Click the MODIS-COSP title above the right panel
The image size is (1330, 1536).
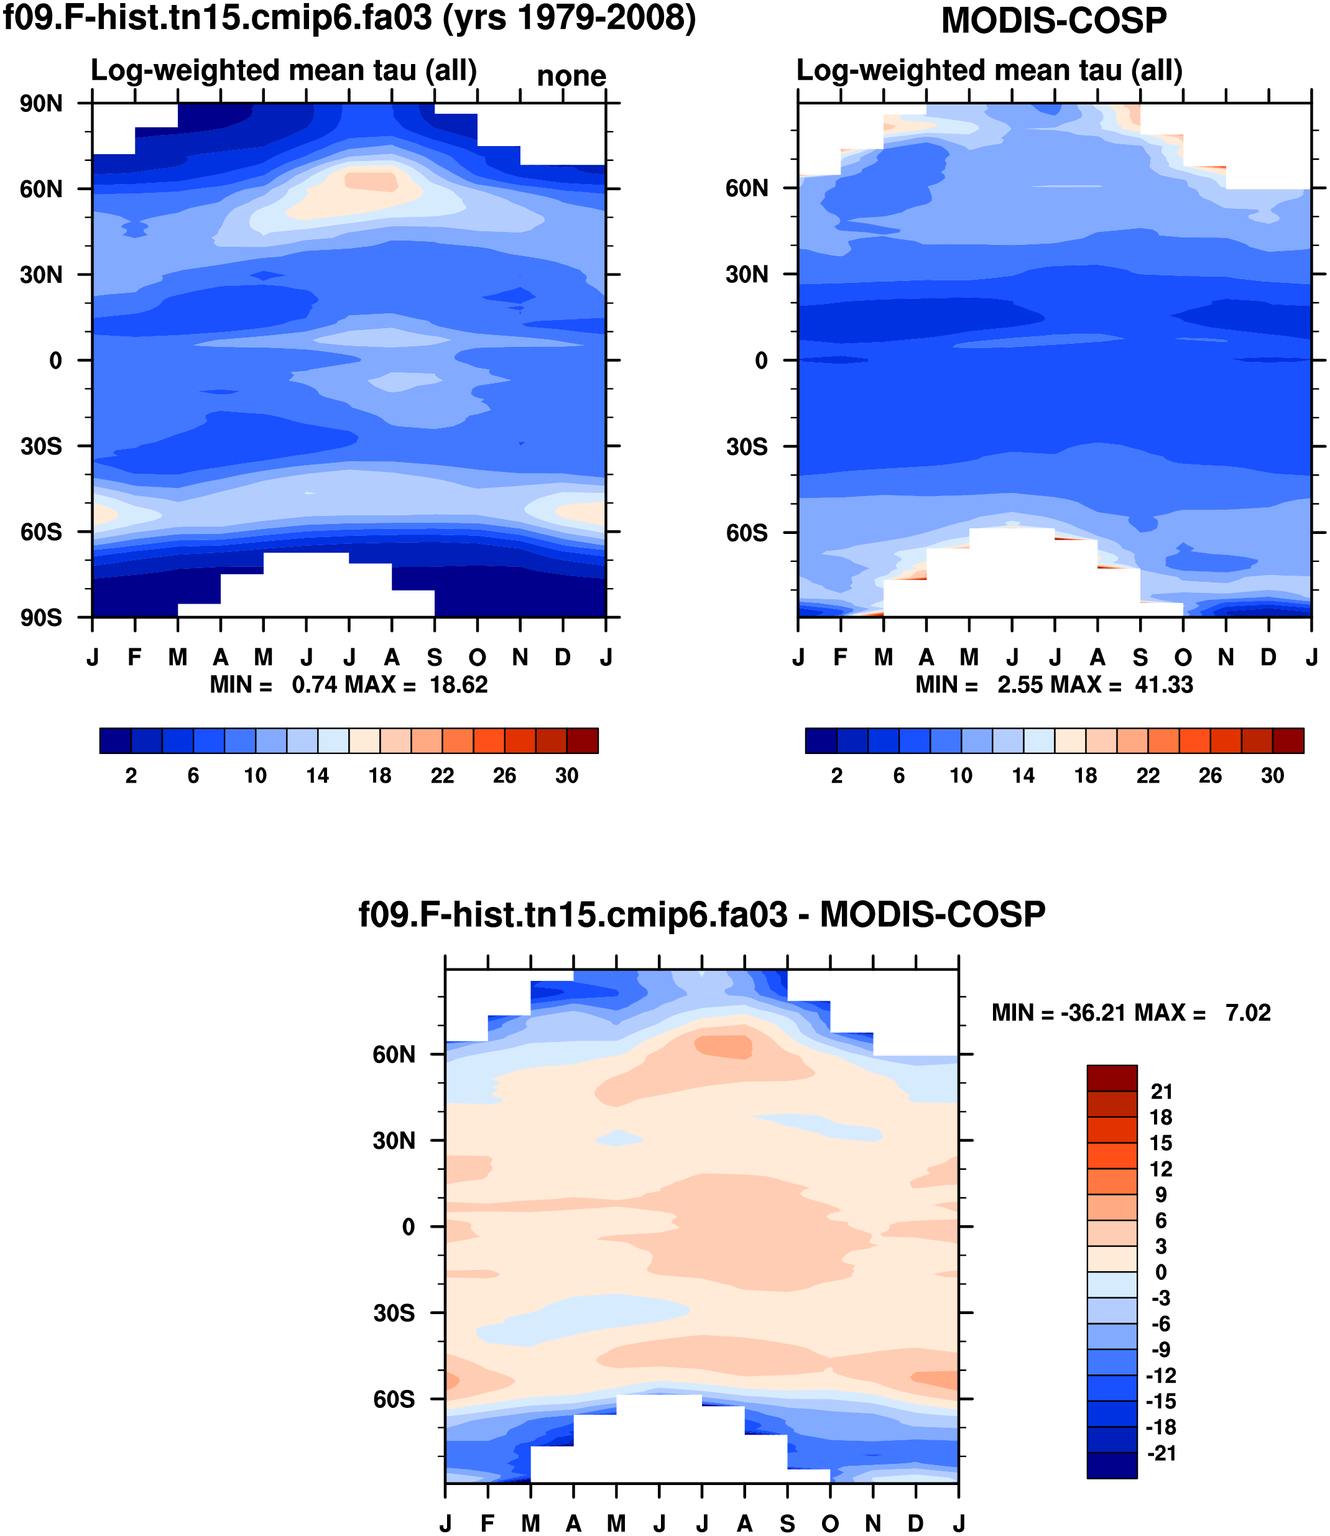[1054, 21]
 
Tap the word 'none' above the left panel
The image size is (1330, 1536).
[571, 76]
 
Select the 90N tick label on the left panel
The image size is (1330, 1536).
[42, 104]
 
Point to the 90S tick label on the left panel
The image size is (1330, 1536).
[42, 618]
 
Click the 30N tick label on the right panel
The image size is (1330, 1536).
[747, 275]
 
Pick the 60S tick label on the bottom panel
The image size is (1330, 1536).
[394, 1399]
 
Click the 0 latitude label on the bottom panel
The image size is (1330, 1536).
[409, 1227]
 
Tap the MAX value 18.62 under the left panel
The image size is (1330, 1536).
[459, 684]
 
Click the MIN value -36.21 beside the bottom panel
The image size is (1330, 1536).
[1091, 1013]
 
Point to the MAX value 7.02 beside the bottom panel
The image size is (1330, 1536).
[1249, 1013]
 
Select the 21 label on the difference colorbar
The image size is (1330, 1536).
[1161, 1092]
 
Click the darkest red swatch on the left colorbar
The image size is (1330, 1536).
[583, 740]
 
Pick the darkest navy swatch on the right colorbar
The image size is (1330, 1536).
[821, 740]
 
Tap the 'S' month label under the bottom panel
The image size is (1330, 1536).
[787, 1524]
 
